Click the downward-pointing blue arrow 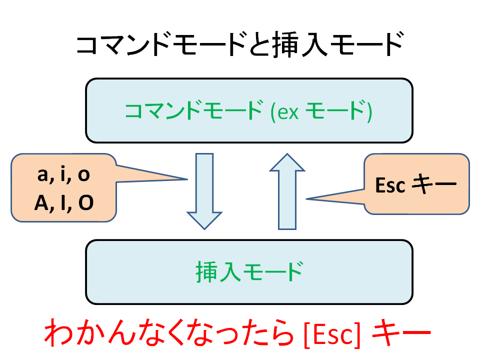pyautogui.click(x=204, y=191)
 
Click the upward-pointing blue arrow pyautogui.click(x=287, y=191)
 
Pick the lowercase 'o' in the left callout pyautogui.click(x=83, y=175)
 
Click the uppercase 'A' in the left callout pyautogui.click(x=41, y=202)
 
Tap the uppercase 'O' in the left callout pyautogui.click(x=86, y=202)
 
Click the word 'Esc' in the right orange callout pyautogui.click(x=390, y=185)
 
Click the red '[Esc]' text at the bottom pyautogui.click(x=332, y=334)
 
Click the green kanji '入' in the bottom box pyautogui.click(x=230, y=271)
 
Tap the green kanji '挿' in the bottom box pyautogui.click(x=207, y=271)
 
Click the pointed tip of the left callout pyautogui.click(x=187, y=179)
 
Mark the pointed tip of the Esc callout pyautogui.click(x=306, y=199)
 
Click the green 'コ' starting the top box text pyautogui.click(x=134, y=111)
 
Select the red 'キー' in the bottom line pyautogui.click(x=401, y=333)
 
